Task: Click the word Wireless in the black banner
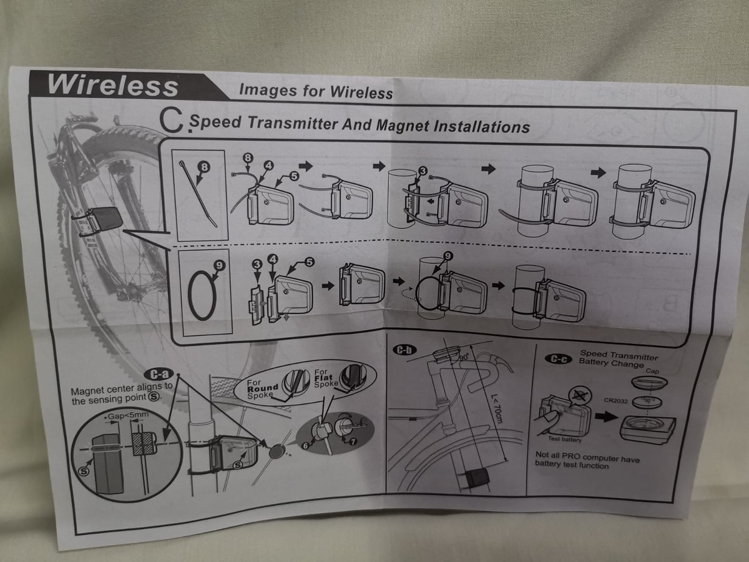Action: (113, 84)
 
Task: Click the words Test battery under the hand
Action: (565, 439)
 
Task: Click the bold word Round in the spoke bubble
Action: (262, 388)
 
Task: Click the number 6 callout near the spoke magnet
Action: (306, 445)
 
